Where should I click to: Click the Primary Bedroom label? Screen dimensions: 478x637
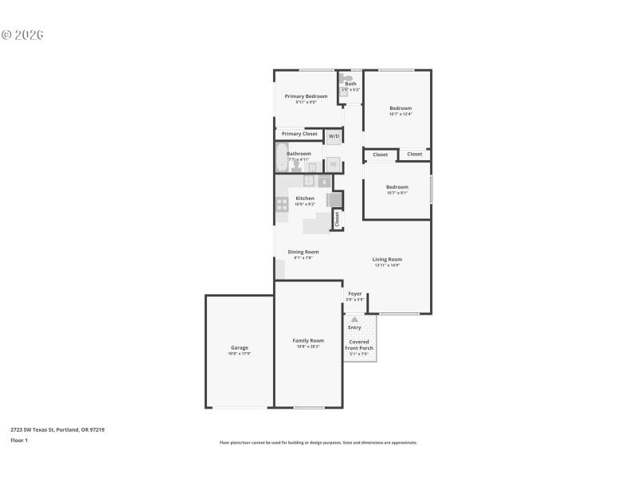tap(307, 96)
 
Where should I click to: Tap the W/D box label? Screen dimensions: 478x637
tap(334, 136)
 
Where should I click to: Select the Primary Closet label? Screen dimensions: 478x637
tap(299, 134)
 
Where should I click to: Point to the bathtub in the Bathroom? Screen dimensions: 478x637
tap(282, 158)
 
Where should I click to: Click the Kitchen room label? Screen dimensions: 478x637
tap(305, 198)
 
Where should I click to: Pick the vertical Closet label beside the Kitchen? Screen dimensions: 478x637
tap(338, 217)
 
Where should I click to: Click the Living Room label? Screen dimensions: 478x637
tap(387, 259)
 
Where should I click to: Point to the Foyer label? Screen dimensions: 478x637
tap(355, 294)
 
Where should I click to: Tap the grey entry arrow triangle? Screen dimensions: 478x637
tap(354, 319)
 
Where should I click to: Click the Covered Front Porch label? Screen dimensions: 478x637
tap(358, 345)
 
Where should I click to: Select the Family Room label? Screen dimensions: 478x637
tap(308, 340)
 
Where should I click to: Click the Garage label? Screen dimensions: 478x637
tap(240, 347)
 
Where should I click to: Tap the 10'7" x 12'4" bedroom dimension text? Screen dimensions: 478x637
tap(401, 114)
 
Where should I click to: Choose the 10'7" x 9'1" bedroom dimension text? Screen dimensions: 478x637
tap(397, 192)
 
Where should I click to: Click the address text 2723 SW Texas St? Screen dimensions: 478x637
tap(44, 429)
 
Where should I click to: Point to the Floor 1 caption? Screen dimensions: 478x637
tap(19, 440)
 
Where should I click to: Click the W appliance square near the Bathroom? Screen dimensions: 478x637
tap(334, 164)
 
